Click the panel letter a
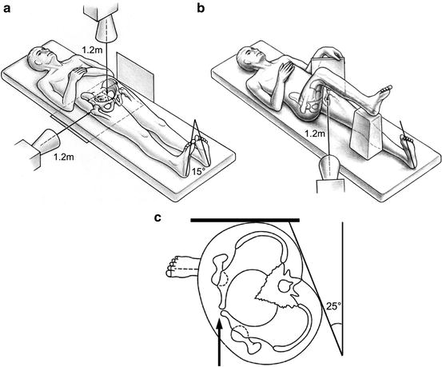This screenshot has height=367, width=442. tap(6, 9)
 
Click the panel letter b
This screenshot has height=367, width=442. tap(201, 8)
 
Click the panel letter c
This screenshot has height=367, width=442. tap(158, 217)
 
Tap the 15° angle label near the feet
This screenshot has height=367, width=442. tap(198, 171)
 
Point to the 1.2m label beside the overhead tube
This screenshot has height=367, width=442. tap(91, 50)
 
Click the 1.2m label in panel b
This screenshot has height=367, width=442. tap(315, 134)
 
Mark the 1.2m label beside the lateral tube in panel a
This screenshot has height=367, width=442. tap(64, 156)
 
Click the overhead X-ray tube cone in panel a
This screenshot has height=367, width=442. tap(106, 30)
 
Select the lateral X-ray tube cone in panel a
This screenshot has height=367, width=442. tap(46, 141)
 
